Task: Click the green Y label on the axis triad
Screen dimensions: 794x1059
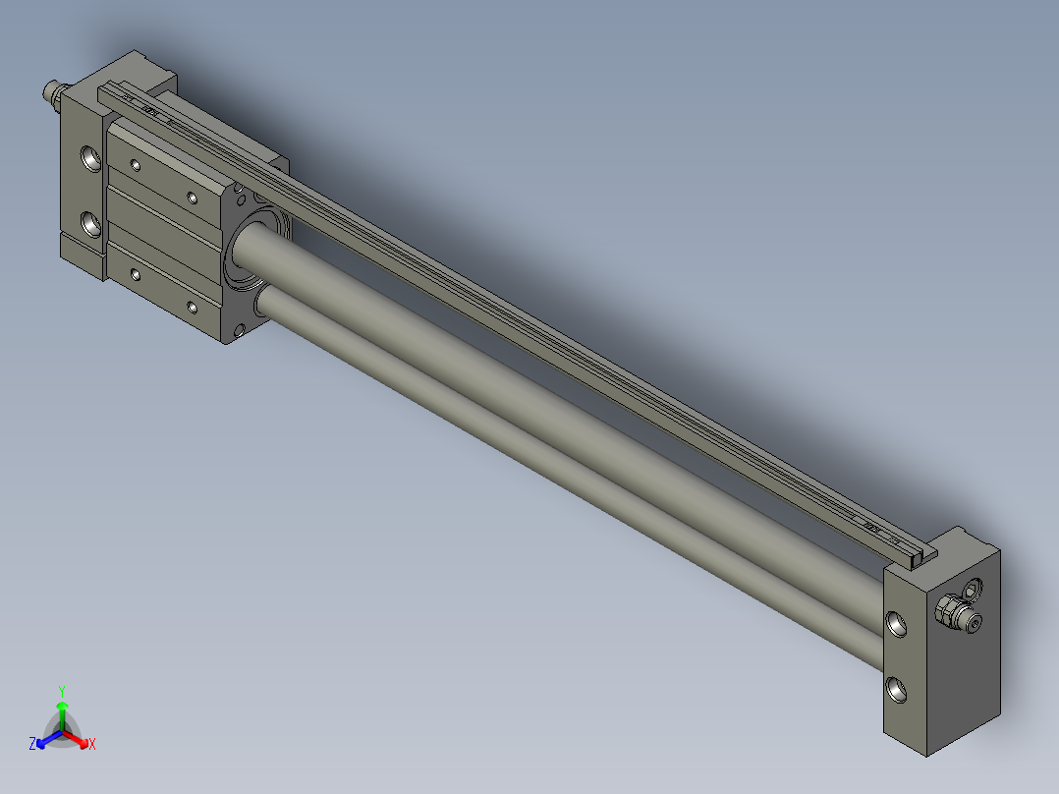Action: click(x=61, y=690)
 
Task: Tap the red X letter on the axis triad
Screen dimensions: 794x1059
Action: click(x=91, y=745)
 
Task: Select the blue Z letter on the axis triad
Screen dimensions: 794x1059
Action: click(x=32, y=745)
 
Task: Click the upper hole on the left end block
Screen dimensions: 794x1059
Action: click(x=90, y=158)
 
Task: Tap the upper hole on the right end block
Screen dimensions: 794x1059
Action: click(x=898, y=622)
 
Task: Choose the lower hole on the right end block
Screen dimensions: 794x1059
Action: click(x=898, y=690)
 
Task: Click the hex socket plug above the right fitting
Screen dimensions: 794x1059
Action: click(x=973, y=591)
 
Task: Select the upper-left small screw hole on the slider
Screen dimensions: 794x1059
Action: click(x=137, y=164)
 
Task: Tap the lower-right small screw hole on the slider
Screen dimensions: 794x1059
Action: click(x=193, y=308)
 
